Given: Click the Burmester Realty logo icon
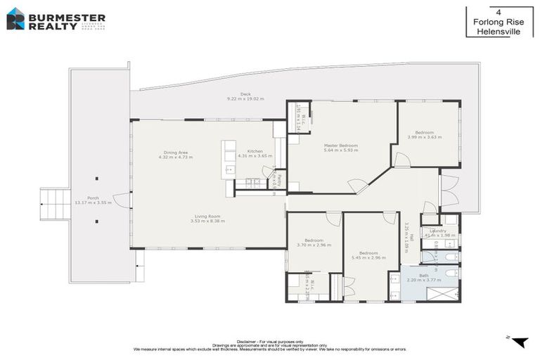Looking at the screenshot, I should [15, 19].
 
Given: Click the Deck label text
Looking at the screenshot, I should [245, 94].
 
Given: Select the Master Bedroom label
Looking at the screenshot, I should [341, 146].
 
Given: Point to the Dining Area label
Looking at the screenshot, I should [176, 152].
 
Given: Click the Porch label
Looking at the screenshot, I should [93, 198].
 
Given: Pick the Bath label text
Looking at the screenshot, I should [424, 275].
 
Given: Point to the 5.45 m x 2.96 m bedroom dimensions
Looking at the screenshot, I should [369, 257].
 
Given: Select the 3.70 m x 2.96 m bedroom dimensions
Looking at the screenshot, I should [314, 245].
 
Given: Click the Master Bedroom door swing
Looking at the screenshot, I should [357, 186].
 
